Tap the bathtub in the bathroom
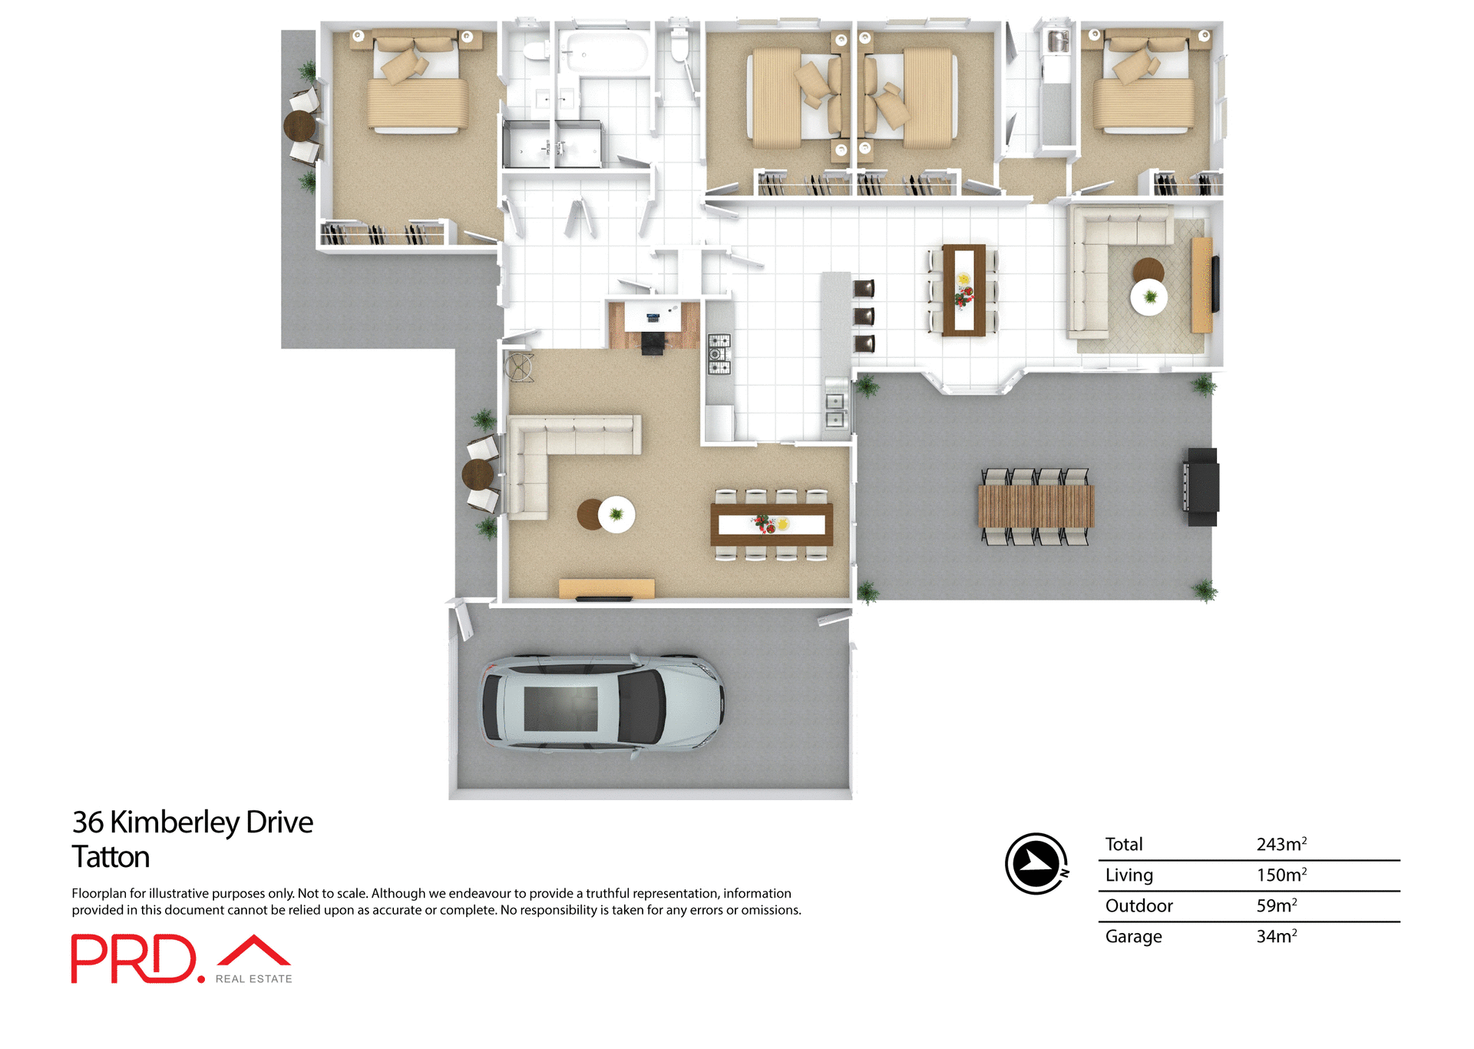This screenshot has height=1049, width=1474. point(603,52)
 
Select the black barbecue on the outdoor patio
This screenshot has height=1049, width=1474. point(1202,487)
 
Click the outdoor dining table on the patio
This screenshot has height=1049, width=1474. point(1036,506)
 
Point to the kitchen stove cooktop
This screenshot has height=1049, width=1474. point(719,355)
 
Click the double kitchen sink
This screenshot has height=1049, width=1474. point(834,410)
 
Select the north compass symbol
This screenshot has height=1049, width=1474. point(1036,864)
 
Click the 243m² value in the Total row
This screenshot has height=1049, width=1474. point(1281,844)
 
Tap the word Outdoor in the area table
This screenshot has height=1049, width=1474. point(1139,905)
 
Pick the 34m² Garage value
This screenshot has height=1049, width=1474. point(1276,936)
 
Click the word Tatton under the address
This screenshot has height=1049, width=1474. point(111,857)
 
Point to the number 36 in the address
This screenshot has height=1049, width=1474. point(88,822)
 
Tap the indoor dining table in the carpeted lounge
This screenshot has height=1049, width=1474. point(772,524)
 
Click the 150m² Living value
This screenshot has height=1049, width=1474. point(1281,875)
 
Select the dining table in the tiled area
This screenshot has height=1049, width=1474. point(963,290)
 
